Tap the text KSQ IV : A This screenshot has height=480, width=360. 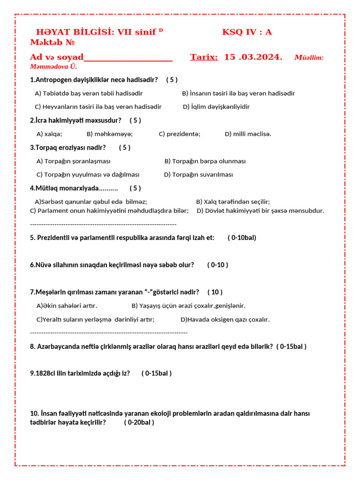[247, 32]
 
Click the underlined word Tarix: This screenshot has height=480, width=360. [204, 57]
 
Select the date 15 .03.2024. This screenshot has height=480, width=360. [253, 57]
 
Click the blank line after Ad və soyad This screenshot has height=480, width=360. [128, 58]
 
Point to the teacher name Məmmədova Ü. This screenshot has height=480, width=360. [47, 67]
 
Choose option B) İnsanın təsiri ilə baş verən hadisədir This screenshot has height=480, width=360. [238, 93]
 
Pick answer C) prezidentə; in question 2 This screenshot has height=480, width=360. [180, 134]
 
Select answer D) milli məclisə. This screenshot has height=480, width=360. [248, 134]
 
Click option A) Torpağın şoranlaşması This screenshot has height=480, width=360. [74, 161]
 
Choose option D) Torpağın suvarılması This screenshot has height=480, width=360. [198, 174]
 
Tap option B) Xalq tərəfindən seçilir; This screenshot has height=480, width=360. [232, 202]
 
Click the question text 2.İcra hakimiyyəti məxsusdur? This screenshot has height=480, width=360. [75, 120]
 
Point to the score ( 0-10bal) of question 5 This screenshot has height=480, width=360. [242, 238]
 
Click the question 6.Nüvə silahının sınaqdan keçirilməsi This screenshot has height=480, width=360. [112, 265]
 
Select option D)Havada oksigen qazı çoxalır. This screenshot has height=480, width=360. [225, 320]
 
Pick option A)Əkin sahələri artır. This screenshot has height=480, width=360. [67, 306]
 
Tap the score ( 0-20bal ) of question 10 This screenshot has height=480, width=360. [139, 422]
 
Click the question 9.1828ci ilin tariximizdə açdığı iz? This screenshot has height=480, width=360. [80, 374]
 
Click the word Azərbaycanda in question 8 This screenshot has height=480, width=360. [57, 347]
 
